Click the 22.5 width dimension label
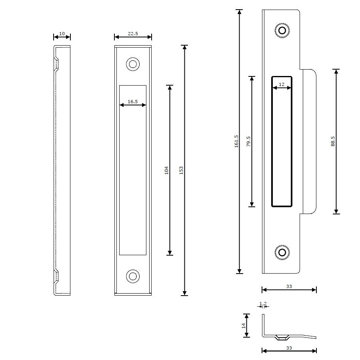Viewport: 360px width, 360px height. [133, 34]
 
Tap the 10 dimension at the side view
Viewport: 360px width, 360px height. [62, 34]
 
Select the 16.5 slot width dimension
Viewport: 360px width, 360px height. [133, 102]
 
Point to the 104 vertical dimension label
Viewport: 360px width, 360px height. [166, 170]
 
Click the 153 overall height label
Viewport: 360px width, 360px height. [181, 170]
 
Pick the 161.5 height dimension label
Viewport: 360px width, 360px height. [236, 141]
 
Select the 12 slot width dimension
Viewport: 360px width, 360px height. [282, 85]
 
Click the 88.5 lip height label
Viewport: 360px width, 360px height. [333, 141]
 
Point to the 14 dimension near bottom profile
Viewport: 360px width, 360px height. [244, 326]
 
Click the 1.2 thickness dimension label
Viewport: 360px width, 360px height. [263, 304]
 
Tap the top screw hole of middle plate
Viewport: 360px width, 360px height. [132, 64]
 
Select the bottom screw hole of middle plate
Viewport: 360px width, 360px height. [132, 276]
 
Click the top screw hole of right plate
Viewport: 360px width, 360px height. [282, 31]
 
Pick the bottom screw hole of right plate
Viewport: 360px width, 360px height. [282, 252]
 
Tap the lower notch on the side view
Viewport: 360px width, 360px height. [57, 276]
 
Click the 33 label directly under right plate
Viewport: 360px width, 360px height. [289, 286]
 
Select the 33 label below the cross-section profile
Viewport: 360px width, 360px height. [289, 348]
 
